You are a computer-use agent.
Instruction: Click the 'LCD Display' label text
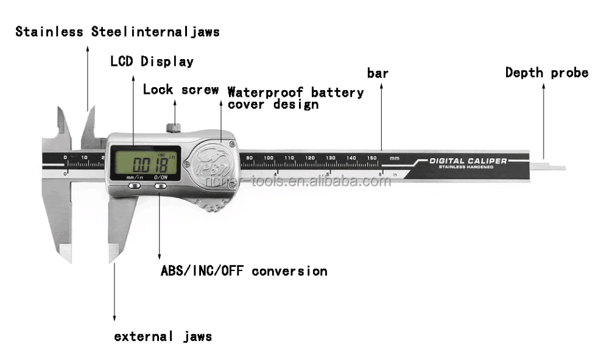tap(152, 62)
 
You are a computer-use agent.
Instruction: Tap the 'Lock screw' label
tap(180, 90)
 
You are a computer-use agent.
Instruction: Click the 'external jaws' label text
tap(163, 336)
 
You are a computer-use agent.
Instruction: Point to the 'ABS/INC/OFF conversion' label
tap(244, 271)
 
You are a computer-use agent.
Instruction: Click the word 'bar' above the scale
tap(378, 74)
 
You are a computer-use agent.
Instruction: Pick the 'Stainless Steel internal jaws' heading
tap(118, 32)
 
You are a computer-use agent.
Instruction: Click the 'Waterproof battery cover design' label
tap(295, 98)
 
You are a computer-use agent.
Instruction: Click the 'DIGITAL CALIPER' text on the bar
tap(468, 161)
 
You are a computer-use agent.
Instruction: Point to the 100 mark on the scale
tap(269, 158)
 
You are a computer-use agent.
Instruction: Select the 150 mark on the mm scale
tap(371, 158)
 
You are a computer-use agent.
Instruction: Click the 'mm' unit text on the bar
tap(394, 158)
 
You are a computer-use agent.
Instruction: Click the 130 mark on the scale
tap(330, 158)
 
